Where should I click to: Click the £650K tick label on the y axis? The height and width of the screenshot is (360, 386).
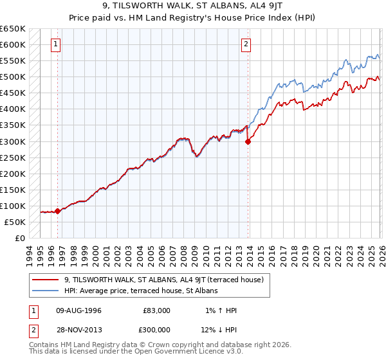(13, 29)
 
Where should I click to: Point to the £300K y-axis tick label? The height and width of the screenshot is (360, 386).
(13, 141)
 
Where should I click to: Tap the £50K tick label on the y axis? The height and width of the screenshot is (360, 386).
(15, 222)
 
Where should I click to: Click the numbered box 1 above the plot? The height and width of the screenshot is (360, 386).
(57, 44)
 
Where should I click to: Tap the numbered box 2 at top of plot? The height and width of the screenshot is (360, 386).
(246, 44)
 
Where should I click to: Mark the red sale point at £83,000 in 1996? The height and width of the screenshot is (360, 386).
(57, 211)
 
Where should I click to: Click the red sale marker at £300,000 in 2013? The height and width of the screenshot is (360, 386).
(248, 142)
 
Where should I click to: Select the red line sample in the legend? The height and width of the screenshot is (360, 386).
(46, 280)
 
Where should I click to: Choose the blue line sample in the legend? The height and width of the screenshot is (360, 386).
(46, 291)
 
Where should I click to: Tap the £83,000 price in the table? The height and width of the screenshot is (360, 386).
(156, 310)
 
